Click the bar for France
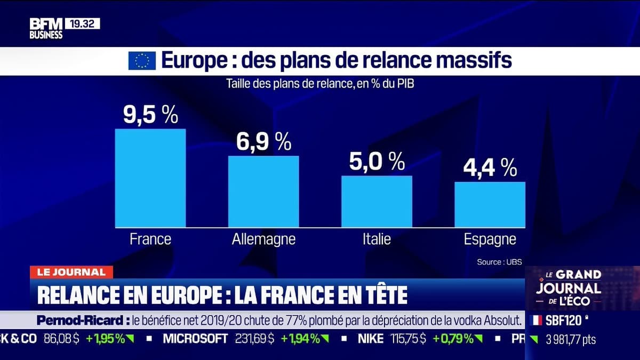pos(150,178)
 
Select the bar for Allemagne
pos(263,191)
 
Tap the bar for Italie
pos(377,202)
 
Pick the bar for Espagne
pos(490,205)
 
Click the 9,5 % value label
pos(150,115)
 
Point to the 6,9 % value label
pos(263,142)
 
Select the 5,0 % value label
pos(377,162)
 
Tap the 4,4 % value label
pos(490,168)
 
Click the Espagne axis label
pos(490,239)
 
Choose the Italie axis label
pos(377,239)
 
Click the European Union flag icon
pos(142,61)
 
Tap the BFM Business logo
pos(46,28)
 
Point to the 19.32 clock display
pos(82,23)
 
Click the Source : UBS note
pos(499,262)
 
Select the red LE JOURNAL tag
pos(71,272)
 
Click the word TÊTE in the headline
pos(383,294)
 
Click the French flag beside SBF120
pos(537,321)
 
